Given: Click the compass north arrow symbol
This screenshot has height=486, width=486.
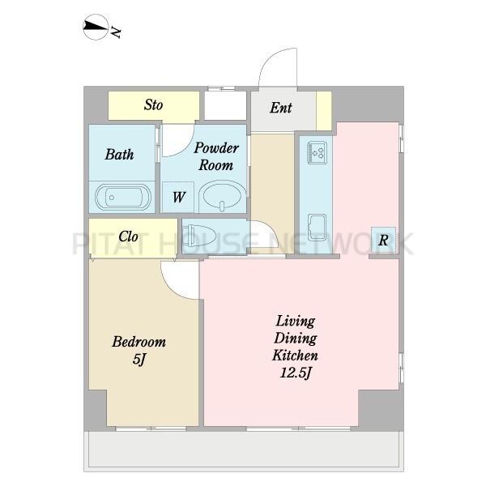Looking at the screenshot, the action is pyautogui.click(x=96, y=27).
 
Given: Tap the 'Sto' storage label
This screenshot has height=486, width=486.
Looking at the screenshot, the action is pyautogui.click(x=153, y=104).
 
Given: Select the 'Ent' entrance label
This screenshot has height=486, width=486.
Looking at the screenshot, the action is pyautogui.click(x=280, y=108).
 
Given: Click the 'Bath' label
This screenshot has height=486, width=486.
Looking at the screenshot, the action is pyautogui.click(x=119, y=155).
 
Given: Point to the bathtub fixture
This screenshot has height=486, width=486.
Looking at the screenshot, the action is pyautogui.click(x=123, y=197).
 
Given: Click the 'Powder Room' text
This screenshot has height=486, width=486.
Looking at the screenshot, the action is pyautogui.click(x=216, y=156).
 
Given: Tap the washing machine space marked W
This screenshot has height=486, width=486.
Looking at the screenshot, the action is pyautogui.click(x=178, y=197).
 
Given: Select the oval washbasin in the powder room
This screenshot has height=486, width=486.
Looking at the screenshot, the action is pyautogui.click(x=220, y=196).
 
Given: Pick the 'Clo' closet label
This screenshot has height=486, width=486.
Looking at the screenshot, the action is pyautogui.click(x=128, y=237).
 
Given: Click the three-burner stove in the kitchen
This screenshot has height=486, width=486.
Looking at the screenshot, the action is pyautogui.click(x=317, y=152).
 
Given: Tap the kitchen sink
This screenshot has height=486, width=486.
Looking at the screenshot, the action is pyautogui.click(x=317, y=227).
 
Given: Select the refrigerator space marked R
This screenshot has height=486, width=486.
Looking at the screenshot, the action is pyautogui.click(x=383, y=240).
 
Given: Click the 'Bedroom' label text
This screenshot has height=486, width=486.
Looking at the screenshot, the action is pyautogui.click(x=139, y=342).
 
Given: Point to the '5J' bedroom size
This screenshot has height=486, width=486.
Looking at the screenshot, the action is pyautogui.click(x=139, y=360).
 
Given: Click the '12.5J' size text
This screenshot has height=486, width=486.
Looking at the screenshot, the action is pyautogui.click(x=295, y=373).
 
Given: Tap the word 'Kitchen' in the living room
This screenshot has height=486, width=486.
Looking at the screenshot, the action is pyautogui.click(x=295, y=356).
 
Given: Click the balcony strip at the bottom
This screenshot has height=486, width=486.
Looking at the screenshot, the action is pyautogui.click(x=244, y=451).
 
